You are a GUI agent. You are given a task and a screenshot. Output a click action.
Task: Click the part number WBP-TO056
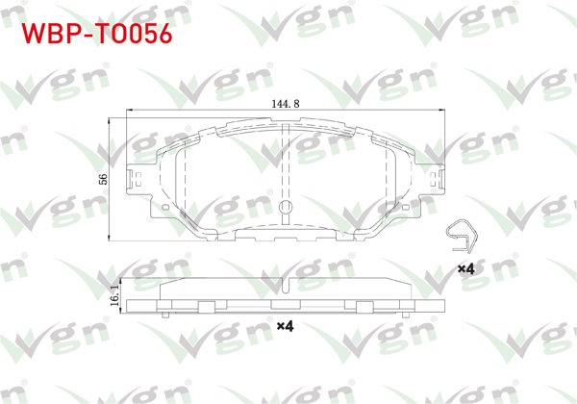click(96, 34)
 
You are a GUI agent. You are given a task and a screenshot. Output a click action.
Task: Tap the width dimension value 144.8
click(285, 103)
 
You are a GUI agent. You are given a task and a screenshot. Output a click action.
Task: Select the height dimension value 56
click(103, 179)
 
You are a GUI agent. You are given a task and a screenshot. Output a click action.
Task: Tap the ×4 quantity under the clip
click(465, 268)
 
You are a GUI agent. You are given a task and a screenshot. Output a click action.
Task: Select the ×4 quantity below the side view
click(285, 327)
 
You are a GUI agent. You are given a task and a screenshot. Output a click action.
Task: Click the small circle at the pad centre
click(285, 209)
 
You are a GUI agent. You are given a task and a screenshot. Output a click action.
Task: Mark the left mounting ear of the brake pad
click(140, 181)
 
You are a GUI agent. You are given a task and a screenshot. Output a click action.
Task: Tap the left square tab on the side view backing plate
click(205, 307)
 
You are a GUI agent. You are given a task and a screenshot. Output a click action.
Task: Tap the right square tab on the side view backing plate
click(364, 307)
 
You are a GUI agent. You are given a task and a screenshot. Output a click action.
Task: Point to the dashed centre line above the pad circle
click(285, 164)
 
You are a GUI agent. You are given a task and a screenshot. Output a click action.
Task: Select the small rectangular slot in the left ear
click(140, 179)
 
